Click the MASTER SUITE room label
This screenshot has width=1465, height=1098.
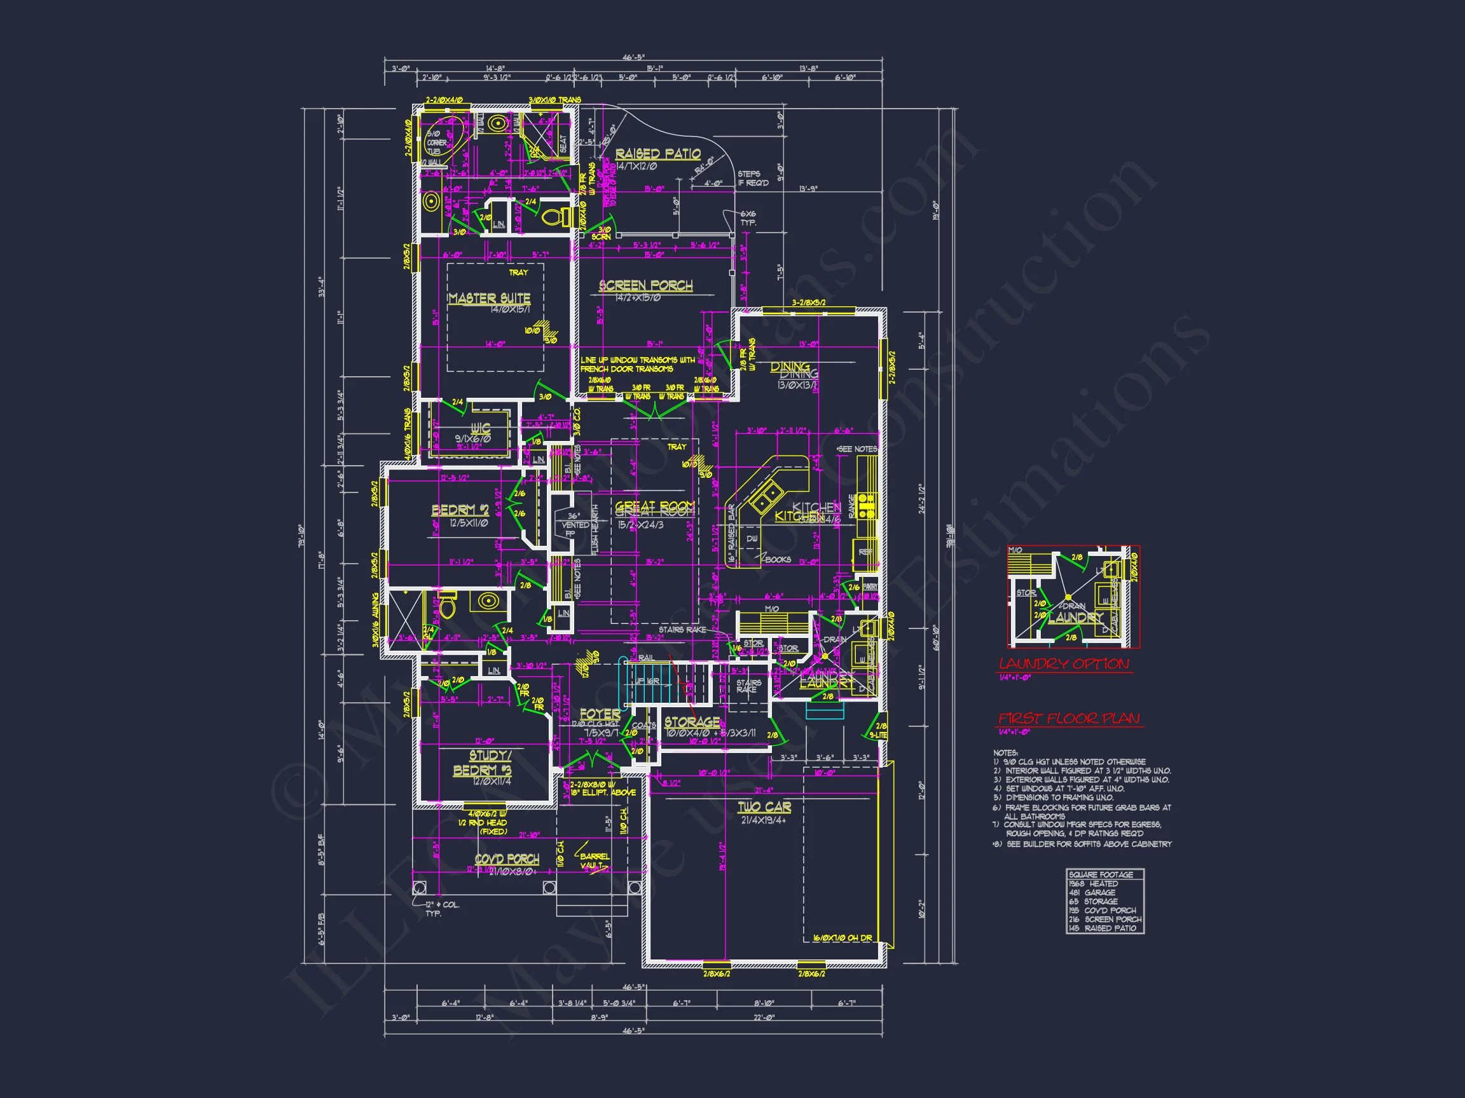click(x=489, y=299)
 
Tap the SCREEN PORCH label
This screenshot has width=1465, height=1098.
click(x=646, y=286)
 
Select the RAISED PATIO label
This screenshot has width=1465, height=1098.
click(x=657, y=154)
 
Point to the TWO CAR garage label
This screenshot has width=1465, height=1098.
click(x=764, y=807)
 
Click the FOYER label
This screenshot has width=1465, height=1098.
click(x=600, y=714)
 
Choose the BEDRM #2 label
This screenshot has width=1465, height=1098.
click(x=460, y=510)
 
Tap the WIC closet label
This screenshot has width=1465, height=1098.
click(x=481, y=428)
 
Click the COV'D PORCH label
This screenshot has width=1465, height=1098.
click(x=507, y=859)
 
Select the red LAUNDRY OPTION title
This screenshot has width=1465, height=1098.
click(x=1064, y=664)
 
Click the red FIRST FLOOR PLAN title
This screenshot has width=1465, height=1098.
click(x=1069, y=718)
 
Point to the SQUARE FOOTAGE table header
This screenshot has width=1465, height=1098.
click(x=1101, y=875)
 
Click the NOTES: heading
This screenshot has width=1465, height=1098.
click(x=1005, y=753)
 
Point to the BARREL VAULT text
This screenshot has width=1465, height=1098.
click(x=594, y=860)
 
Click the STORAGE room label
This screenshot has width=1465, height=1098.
click(x=692, y=722)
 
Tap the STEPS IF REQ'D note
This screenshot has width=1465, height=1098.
click(x=753, y=178)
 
